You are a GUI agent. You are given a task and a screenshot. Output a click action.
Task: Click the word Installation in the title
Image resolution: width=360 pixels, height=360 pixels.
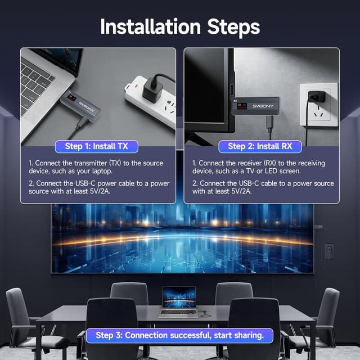151,27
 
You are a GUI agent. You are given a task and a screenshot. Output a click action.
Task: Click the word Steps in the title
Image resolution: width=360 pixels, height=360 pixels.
233,28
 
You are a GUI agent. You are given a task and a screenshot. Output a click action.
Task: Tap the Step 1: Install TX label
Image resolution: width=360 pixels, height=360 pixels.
97,146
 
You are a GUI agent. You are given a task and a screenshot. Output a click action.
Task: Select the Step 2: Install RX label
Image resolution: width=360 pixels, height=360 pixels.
260,146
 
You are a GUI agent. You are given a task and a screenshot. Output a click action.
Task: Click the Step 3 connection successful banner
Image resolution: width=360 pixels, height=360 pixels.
179,335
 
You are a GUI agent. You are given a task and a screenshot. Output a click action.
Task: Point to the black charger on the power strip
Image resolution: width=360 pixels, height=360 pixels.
152,89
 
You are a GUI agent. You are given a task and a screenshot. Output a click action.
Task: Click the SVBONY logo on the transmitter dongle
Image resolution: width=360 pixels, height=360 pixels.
87,107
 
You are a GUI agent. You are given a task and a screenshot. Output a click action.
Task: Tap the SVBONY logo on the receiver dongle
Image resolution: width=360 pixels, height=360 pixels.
263,106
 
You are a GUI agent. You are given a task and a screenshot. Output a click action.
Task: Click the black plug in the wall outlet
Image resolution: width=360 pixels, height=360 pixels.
316,97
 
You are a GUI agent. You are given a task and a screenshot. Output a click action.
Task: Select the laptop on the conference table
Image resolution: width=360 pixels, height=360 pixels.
178,302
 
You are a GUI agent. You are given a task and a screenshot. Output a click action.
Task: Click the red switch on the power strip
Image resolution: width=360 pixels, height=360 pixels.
136,86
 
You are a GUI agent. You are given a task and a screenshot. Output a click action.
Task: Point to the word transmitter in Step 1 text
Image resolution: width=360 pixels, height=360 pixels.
91,163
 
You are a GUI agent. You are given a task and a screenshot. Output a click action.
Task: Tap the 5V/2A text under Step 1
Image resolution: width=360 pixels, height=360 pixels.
100,191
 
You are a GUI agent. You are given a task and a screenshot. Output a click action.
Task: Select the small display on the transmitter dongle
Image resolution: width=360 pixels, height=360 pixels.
71,97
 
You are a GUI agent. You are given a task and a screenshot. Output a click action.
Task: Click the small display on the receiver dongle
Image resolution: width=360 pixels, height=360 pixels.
242,106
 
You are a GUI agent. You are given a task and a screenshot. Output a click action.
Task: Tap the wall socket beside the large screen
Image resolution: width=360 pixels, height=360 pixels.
328,252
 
